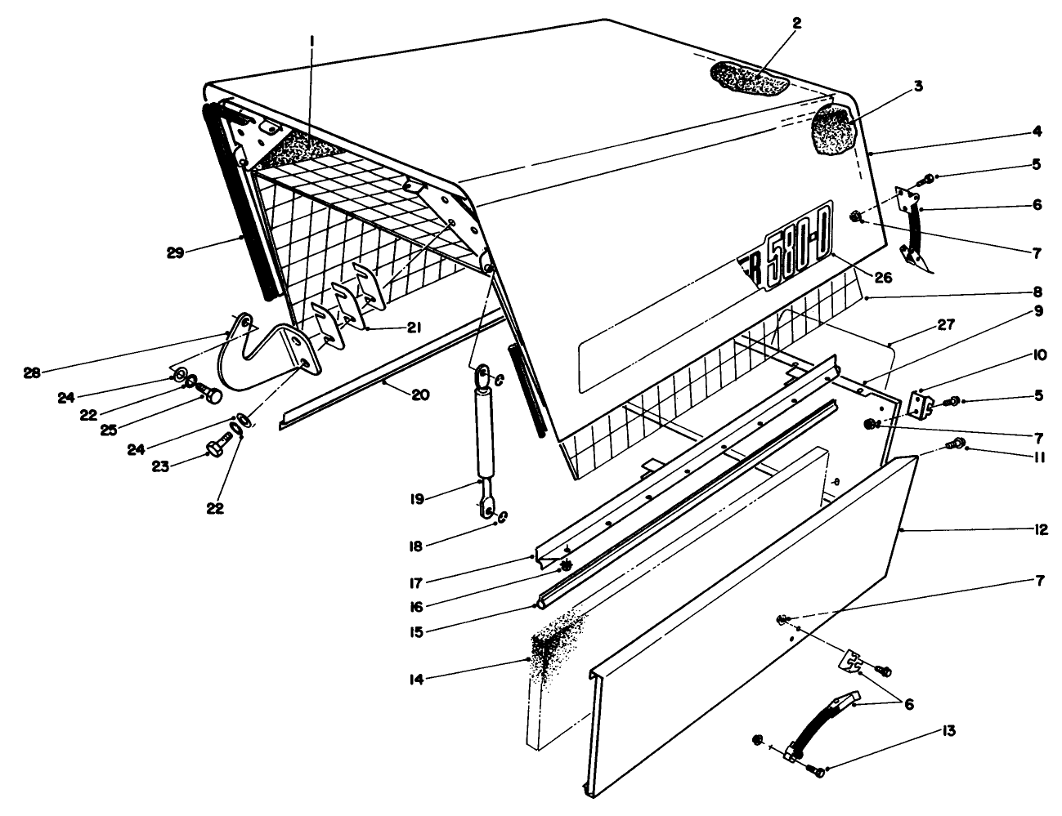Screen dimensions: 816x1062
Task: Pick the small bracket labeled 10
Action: [x=922, y=404]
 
